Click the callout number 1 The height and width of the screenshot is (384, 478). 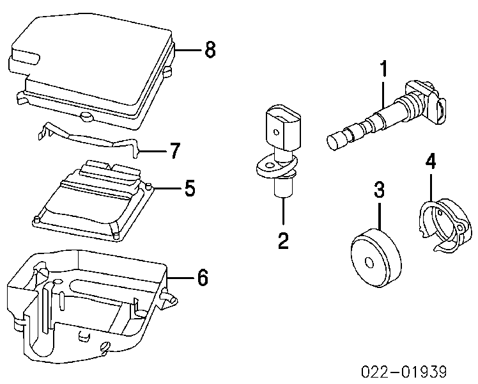[x=383, y=69]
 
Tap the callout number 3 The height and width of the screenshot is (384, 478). [x=379, y=189]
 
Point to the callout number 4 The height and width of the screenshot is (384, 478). [x=431, y=162]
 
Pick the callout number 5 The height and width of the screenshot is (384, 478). [x=190, y=189]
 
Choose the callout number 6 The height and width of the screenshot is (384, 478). [x=201, y=278]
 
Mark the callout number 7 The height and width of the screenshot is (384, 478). [x=174, y=151]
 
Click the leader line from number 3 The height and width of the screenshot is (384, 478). [x=380, y=214]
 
